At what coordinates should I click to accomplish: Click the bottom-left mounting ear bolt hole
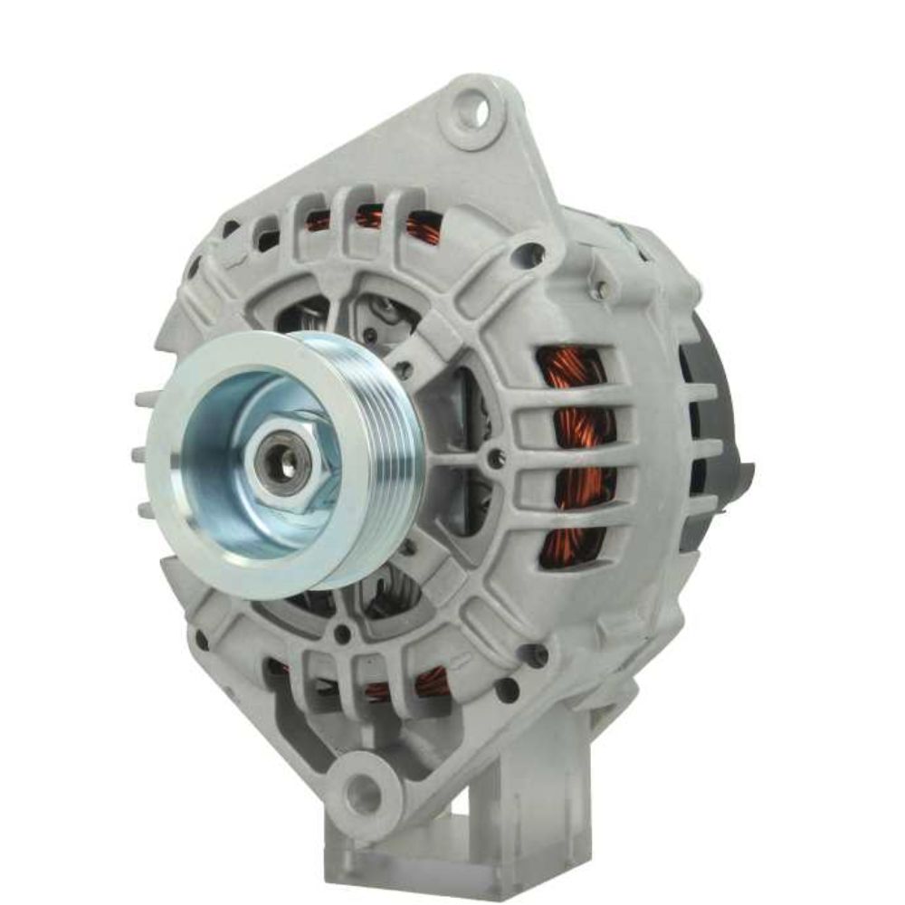click(364, 793)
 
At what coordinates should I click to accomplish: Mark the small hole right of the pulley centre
click(496, 459)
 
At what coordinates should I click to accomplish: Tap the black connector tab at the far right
click(744, 475)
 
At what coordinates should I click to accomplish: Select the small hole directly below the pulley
click(342, 634)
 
